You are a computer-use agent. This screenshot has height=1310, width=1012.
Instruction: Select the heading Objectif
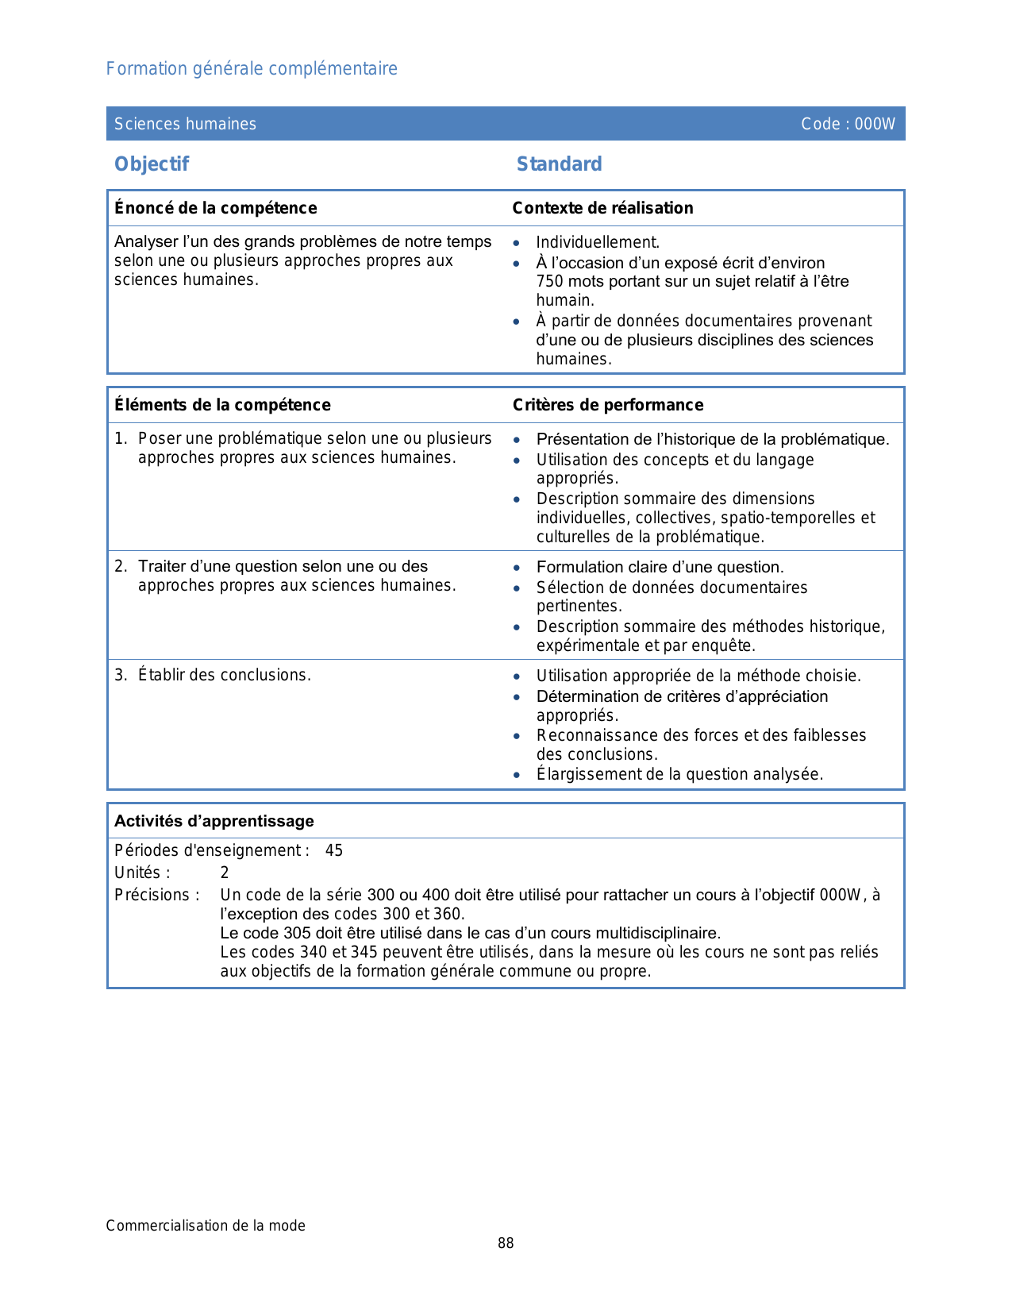(x=152, y=164)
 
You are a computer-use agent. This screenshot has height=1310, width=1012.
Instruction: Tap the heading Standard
(x=559, y=164)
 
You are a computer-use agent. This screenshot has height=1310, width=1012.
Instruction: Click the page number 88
(x=506, y=1243)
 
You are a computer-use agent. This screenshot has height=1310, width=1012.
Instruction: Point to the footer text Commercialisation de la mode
(x=206, y=1226)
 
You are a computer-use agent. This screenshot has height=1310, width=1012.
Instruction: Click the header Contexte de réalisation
(x=602, y=208)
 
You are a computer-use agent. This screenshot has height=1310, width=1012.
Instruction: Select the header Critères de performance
(x=607, y=405)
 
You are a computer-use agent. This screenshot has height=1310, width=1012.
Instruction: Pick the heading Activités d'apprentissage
(x=214, y=821)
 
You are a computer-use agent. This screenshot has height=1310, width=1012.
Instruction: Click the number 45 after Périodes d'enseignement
(x=334, y=851)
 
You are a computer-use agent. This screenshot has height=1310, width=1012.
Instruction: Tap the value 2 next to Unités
(x=225, y=873)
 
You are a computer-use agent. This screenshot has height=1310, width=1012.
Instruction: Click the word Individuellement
(x=597, y=243)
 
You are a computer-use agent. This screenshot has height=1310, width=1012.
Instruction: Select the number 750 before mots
(x=549, y=281)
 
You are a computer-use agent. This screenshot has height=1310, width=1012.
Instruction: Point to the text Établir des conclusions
(x=224, y=676)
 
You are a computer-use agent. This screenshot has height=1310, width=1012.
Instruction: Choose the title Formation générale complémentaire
(x=252, y=69)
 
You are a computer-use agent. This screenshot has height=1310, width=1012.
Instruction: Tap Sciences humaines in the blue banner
(x=185, y=124)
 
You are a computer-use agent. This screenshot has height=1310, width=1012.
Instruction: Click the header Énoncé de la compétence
(x=215, y=208)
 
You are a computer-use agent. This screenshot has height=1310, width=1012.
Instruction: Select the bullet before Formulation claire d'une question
(x=517, y=568)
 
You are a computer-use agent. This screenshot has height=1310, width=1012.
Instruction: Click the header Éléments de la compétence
(x=222, y=405)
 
